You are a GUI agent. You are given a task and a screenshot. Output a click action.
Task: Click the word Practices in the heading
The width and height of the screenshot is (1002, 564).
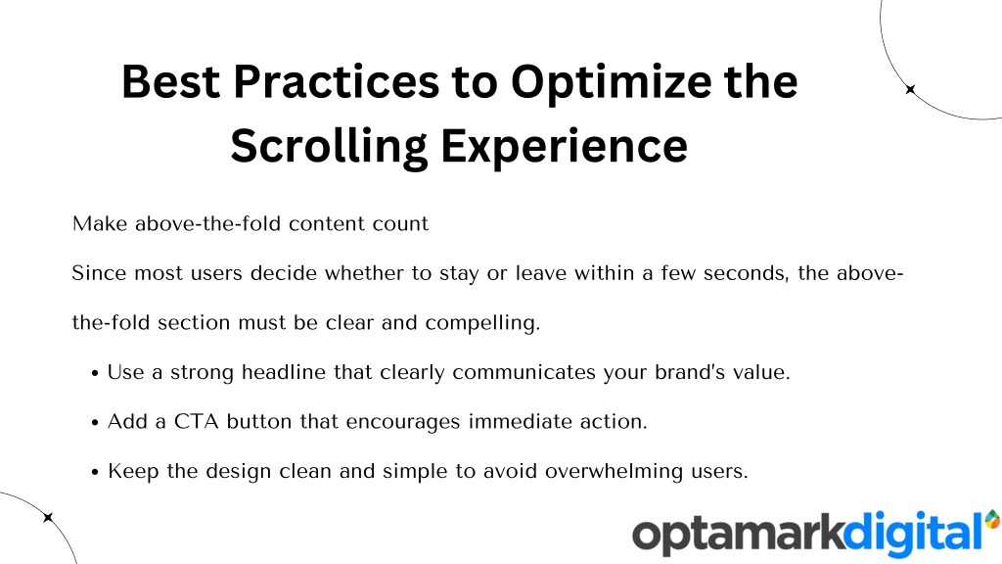pyautogui.click(x=337, y=82)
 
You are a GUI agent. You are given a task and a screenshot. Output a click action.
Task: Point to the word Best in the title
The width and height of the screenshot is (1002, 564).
pyautogui.click(x=170, y=82)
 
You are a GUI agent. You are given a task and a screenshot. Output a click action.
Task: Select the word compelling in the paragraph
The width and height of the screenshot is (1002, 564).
pyautogui.click(x=482, y=323)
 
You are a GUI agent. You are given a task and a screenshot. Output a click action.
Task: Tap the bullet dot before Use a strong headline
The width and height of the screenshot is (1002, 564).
pyautogui.click(x=95, y=373)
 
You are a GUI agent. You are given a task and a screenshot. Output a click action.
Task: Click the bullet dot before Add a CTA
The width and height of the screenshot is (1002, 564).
pyautogui.click(x=95, y=423)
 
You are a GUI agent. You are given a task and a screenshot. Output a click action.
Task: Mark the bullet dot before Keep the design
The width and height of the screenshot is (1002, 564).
pyautogui.click(x=95, y=473)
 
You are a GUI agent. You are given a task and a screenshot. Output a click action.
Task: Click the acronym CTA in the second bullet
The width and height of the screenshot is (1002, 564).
pyautogui.click(x=196, y=422)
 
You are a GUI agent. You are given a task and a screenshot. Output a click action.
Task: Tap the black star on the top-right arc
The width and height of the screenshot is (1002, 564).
pyautogui.click(x=911, y=89)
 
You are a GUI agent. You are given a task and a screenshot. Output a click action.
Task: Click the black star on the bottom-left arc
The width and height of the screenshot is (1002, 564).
pyautogui.click(x=48, y=517)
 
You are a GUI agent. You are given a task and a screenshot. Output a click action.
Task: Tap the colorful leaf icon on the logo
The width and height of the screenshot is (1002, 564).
pyautogui.click(x=993, y=519)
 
